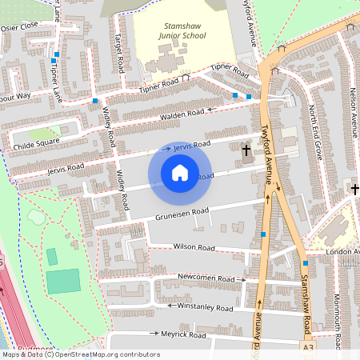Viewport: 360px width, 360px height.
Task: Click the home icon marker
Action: [x=180, y=173]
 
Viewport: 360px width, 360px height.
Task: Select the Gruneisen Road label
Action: [x=182, y=212]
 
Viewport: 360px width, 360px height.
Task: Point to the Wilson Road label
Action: [x=195, y=246]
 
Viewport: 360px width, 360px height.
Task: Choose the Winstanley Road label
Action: [x=205, y=307]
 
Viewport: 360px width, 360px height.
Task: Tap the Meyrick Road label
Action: [x=183, y=332]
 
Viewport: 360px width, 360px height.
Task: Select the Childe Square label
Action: [x=36, y=142]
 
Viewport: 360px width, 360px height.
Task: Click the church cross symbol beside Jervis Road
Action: [x=246, y=149]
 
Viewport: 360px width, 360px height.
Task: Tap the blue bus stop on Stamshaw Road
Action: [x=306, y=263]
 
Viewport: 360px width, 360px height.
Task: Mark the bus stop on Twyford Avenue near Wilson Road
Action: [x=263, y=234]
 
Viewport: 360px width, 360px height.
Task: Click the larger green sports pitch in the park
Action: [x=64, y=281]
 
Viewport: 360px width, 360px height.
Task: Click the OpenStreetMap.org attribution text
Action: [x=101, y=354]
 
